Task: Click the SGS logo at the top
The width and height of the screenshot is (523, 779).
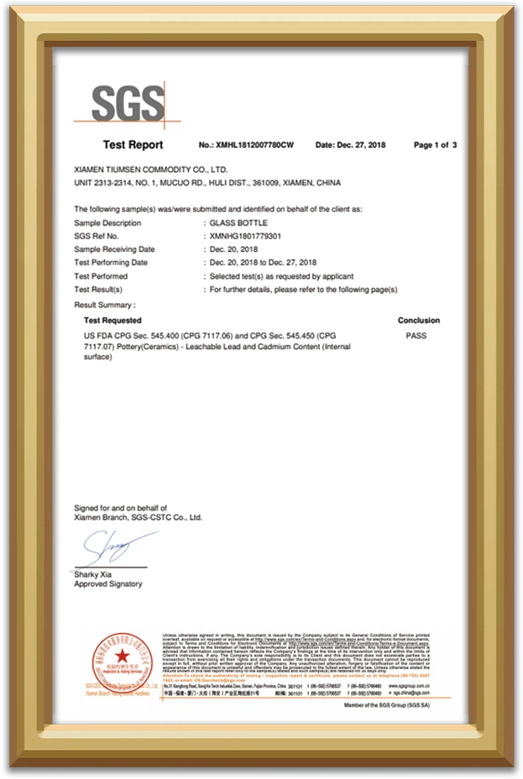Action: (x=128, y=104)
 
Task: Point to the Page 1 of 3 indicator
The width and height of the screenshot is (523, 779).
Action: (x=435, y=145)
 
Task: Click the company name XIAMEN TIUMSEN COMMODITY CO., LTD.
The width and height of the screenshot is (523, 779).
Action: (x=151, y=169)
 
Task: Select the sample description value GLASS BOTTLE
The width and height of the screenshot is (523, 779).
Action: (x=238, y=223)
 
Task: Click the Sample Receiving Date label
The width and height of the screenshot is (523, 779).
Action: (x=114, y=249)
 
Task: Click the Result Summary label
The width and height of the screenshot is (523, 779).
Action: (x=104, y=305)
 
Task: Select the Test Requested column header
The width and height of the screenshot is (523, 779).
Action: (x=112, y=321)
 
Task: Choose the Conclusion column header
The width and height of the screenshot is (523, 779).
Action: (x=418, y=321)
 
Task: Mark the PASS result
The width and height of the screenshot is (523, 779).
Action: (x=416, y=336)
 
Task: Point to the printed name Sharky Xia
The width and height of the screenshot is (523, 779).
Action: (x=94, y=574)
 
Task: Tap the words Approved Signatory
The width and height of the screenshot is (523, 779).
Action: (x=108, y=584)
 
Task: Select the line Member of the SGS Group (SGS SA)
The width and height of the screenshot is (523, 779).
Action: (x=400, y=706)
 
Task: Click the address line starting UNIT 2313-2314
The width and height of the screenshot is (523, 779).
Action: (x=207, y=182)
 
